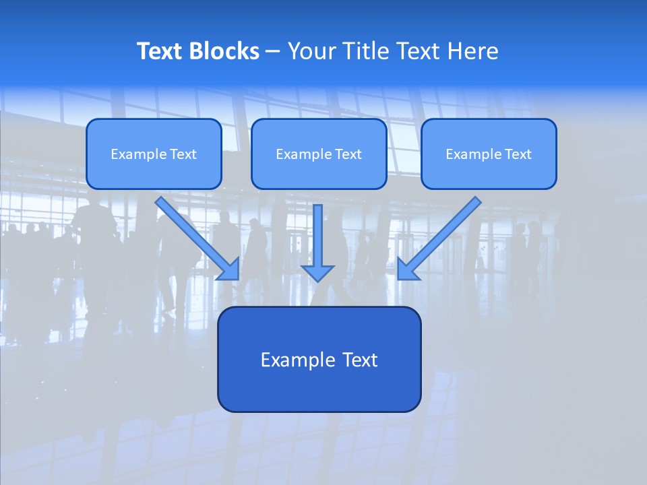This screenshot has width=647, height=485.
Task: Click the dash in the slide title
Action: (x=273, y=52)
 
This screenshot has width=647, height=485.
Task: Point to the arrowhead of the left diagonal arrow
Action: (x=231, y=270)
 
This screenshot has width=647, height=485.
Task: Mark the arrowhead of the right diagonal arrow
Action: (x=406, y=270)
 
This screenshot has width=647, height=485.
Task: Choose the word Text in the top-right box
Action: (x=518, y=154)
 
